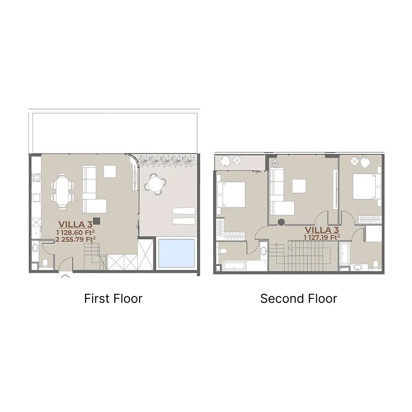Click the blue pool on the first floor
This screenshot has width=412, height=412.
click(x=177, y=253)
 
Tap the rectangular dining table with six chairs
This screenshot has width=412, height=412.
click(x=62, y=191)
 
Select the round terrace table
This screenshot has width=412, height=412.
click(x=156, y=184)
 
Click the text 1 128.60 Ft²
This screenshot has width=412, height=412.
click(x=75, y=233)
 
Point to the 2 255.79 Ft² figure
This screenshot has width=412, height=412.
click(x=75, y=239)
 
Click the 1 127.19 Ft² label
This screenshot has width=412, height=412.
click(x=322, y=237)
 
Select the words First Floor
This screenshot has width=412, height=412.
click(x=113, y=299)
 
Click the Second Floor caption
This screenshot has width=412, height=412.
click(x=299, y=299)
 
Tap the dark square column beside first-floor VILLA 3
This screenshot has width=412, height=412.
click(x=97, y=221)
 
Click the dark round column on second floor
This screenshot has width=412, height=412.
click(x=281, y=222)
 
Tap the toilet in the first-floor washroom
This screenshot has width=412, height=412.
click(x=45, y=263)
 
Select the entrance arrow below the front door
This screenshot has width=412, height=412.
click(x=65, y=276)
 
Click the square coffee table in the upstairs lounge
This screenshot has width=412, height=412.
click(x=299, y=186)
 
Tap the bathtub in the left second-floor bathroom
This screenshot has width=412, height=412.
click(x=234, y=265)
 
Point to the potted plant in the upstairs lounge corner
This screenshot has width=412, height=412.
click(x=274, y=163)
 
